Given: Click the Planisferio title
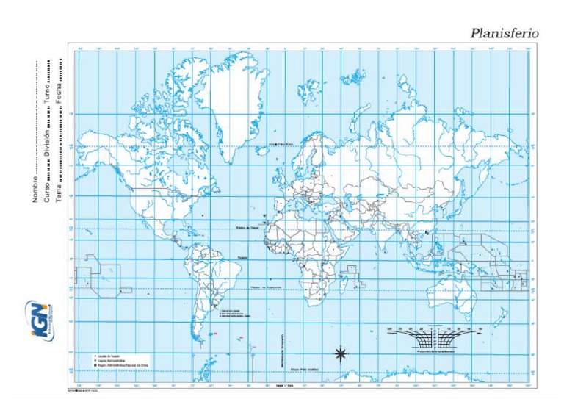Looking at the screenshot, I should tap(505, 33).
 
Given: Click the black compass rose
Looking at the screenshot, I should tap(340, 354).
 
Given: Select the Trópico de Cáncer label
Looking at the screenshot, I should tap(247, 228).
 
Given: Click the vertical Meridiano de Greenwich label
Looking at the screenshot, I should tap(283, 345).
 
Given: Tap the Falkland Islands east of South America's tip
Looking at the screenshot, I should tap(214, 334).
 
